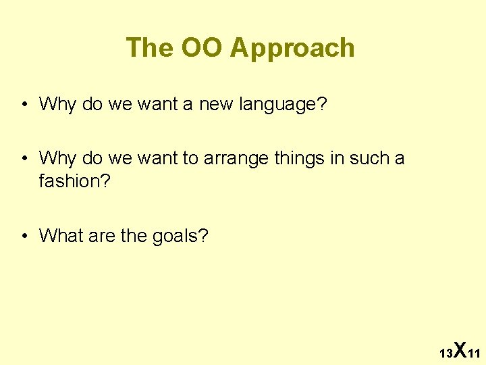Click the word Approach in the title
pos(292,49)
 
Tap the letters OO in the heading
pos(203,48)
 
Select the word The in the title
pos(150,48)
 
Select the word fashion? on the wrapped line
pos(72,181)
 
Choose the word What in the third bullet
pos(60,236)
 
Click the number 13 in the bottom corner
pos(446,354)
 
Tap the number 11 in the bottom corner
pos(473,354)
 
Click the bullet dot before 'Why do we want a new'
pos(24,105)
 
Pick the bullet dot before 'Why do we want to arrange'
pos(24,159)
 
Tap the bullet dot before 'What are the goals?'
pos(24,236)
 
